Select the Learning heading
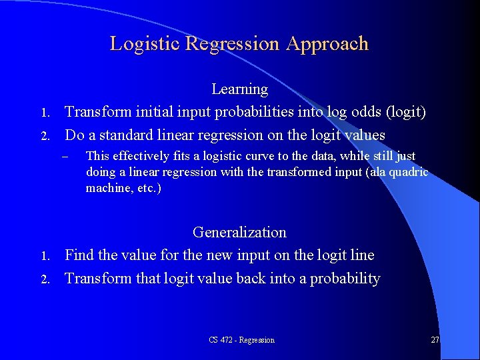coord(239,89)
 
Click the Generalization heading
coord(239,232)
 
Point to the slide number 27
coord(435,340)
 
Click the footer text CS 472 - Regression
coord(241,340)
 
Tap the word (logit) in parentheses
coord(403,112)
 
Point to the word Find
coord(79,255)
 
